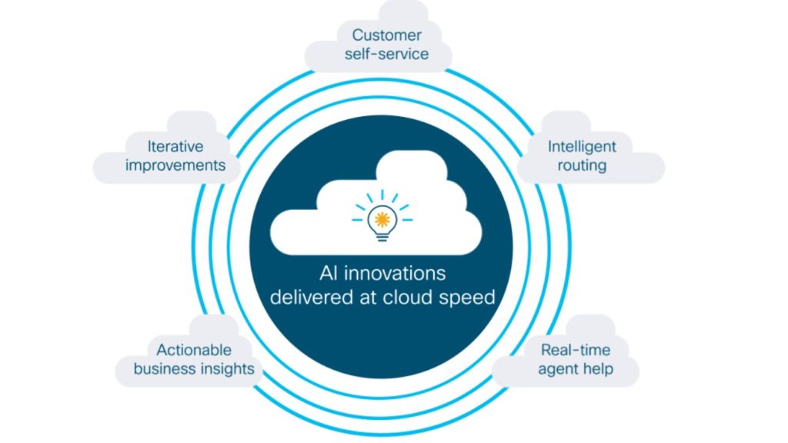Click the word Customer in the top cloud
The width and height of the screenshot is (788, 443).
[x=386, y=35]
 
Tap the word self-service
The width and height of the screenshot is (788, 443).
[x=386, y=54]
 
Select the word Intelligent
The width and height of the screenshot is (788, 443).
[x=582, y=147]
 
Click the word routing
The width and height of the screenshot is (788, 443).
[x=582, y=166]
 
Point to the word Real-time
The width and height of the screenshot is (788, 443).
[x=576, y=350]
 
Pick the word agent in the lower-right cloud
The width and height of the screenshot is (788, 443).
[x=556, y=369]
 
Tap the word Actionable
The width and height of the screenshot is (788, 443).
[x=193, y=350]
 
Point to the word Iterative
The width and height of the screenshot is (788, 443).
[x=175, y=147]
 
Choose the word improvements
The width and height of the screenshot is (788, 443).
[x=175, y=166]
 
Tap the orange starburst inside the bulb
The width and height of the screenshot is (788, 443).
[x=382, y=219]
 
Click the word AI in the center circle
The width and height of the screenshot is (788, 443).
[x=328, y=274]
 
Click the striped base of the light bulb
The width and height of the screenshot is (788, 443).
[x=382, y=237]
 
